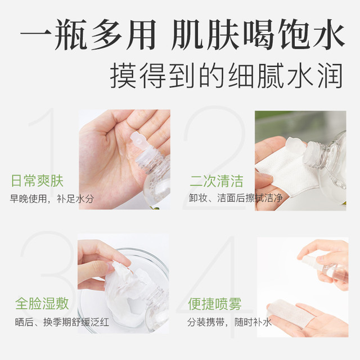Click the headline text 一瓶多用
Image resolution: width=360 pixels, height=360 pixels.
pos(88,34)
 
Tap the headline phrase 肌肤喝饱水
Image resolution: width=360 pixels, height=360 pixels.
pos(258,34)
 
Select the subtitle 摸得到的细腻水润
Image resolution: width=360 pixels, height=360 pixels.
pos(226,76)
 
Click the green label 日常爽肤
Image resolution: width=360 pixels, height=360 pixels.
pos(37,181)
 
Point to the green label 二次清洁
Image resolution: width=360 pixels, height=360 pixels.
pos(216,181)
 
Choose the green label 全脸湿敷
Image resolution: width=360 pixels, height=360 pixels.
pos(42,304)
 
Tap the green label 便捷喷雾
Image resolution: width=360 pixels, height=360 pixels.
pos(215,304)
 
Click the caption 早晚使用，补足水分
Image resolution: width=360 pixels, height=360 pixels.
pos(52,199)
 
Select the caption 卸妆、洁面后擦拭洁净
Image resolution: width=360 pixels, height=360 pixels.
pos(236,198)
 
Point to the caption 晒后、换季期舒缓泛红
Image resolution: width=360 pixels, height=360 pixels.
pos(62,322)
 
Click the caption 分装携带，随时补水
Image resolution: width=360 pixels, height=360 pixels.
pos(229,322)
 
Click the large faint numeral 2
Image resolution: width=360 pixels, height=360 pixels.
pos(215,159)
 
